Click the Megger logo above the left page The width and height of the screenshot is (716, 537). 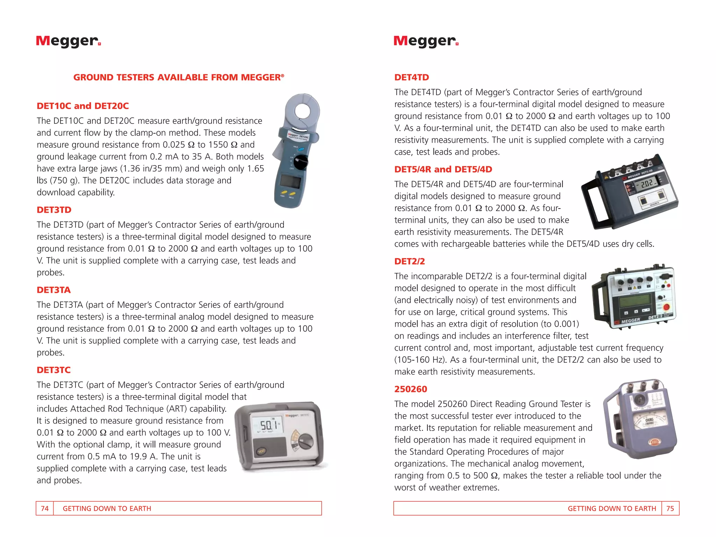click(68, 41)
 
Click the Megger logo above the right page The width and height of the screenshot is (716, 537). click(425, 41)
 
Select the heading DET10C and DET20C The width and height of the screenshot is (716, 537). click(83, 106)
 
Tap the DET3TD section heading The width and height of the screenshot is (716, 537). click(54, 210)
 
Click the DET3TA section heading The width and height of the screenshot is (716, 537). click(54, 290)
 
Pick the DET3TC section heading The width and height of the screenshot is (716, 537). click(54, 370)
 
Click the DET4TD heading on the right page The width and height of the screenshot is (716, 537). click(411, 77)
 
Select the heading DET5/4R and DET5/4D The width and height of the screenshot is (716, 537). click(443, 169)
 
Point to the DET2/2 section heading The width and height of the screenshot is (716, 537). click(409, 261)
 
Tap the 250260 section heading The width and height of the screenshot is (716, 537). click(410, 389)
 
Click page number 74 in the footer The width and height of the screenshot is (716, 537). click(45, 508)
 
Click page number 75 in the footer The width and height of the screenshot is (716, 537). click(670, 508)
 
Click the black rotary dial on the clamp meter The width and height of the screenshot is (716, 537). click(301, 162)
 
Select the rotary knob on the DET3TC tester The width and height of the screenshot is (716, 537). click(306, 441)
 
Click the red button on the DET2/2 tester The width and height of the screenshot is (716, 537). click(666, 307)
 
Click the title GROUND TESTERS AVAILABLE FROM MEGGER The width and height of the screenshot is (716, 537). click(179, 77)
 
